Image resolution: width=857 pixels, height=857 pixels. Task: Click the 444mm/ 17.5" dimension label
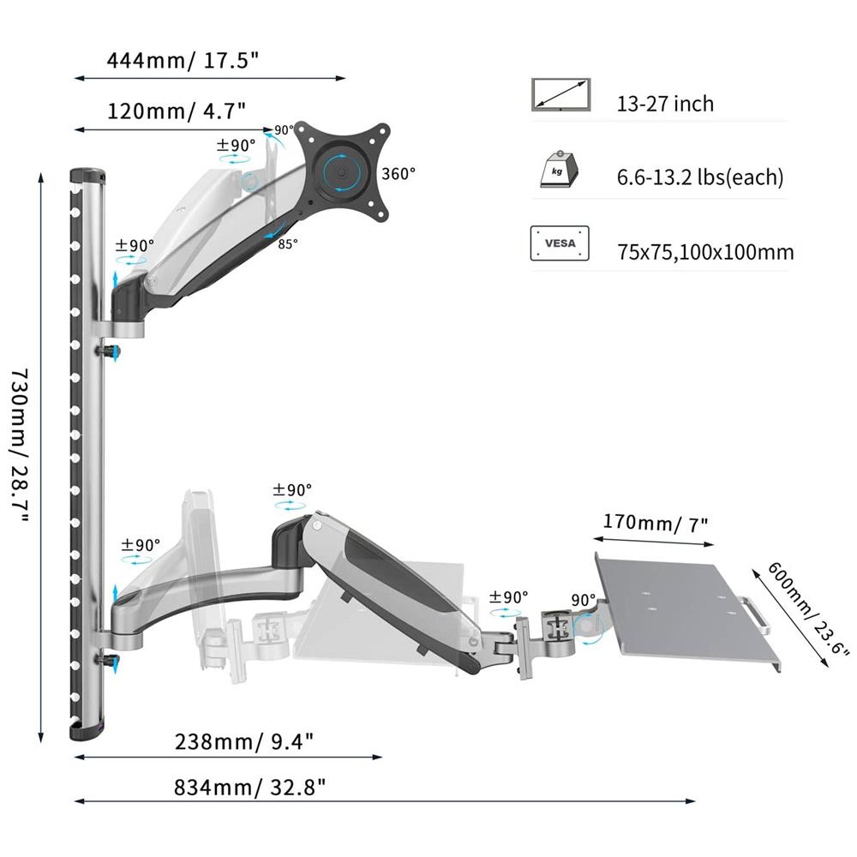tap(183, 60)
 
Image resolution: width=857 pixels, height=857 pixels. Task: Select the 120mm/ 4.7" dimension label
tap(176, 111)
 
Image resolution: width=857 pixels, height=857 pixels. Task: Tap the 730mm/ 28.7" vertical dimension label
tap(20, 446)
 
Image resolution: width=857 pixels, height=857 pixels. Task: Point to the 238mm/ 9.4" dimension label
tap(244, 741)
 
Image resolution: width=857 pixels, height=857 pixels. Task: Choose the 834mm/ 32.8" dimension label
tap(249, 788)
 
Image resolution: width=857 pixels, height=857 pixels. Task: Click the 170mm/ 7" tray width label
tap(656, 523)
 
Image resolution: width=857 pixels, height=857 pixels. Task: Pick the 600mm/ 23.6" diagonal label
tap(808, 608)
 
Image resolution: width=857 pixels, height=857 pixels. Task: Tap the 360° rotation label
tap(399, 174)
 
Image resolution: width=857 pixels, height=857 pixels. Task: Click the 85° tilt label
tap(288, 243)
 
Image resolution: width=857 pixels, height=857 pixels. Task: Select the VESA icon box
tap(560, 243)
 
